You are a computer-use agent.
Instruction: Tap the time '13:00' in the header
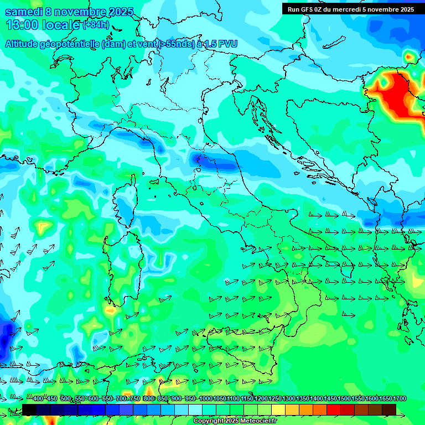[21, 25]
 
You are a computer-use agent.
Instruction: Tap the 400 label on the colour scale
[38, 399]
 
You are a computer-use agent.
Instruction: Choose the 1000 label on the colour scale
[205, 399]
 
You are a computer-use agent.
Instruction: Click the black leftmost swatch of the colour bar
[29, 410]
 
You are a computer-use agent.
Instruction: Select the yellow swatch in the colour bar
[278, 410]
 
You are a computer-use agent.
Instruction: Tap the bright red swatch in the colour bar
[334, 410]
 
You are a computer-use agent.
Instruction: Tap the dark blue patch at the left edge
[7, 335]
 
